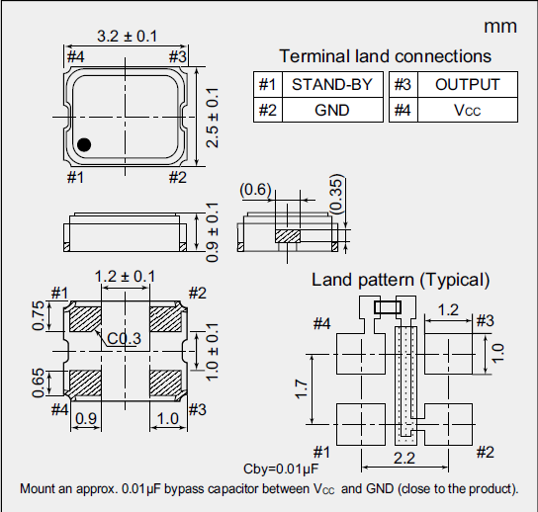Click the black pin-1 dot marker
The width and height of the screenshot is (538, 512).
[x=85, y=145]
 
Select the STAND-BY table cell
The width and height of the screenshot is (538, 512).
[x=332, y=85]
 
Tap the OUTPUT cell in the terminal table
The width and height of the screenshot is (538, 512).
[x=467, y=85]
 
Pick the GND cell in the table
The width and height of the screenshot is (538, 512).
[x=332, y=110]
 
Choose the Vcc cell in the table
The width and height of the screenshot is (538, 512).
[x=467, y=110]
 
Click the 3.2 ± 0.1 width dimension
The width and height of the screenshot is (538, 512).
[x=126, y=37]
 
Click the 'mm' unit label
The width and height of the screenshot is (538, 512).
[x=500, y=26]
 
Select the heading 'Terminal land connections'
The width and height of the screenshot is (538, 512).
[x=385, y=56]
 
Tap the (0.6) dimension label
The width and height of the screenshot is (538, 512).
[x=255, y=189]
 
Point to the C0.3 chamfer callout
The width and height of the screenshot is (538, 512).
[x=126, y=339]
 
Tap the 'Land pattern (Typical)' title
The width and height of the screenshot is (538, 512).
[x=401, y=280]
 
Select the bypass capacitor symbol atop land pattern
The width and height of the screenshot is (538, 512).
[x=388, y=307]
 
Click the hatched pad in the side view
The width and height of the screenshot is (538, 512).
[x=288, y=236]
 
